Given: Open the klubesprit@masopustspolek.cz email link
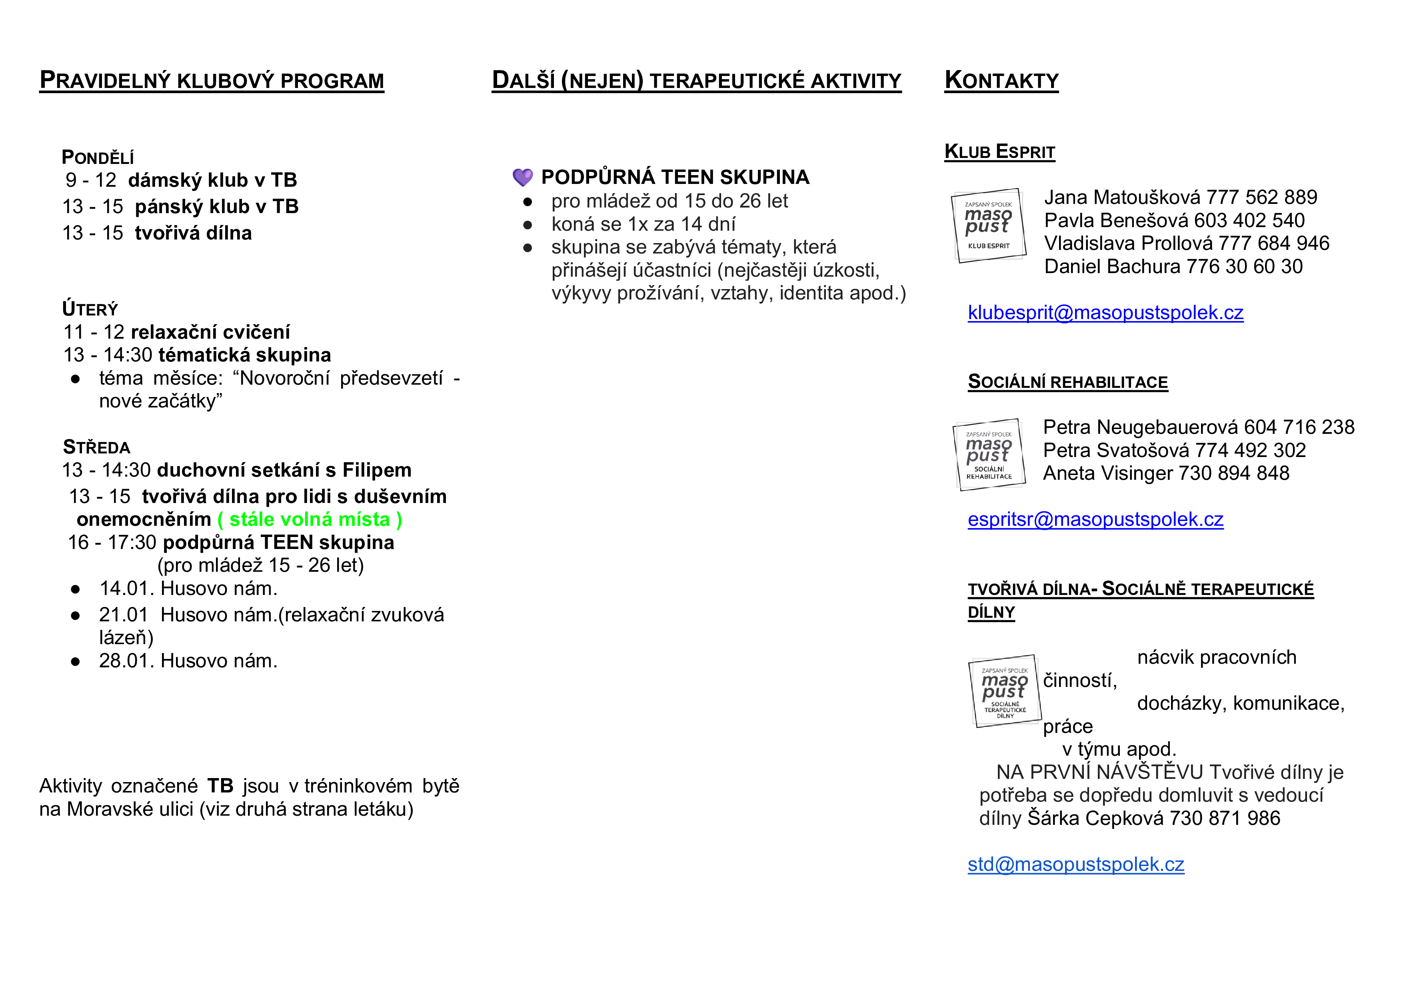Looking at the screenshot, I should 1105,313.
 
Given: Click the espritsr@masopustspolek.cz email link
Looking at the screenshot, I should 1095,519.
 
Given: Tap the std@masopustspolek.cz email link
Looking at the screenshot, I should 1075,864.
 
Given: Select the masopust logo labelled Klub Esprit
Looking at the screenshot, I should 988,226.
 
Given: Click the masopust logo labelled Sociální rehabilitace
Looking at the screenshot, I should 989,455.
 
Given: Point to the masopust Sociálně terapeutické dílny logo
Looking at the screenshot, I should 1005,691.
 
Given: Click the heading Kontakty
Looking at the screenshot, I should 1001,81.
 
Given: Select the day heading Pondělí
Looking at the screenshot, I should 98,158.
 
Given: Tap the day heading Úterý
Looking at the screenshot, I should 90,309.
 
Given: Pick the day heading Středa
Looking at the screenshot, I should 96,447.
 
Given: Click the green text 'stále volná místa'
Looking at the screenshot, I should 310,519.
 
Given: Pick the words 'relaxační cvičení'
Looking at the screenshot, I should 210,332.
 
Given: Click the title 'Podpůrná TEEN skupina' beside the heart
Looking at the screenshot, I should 675,177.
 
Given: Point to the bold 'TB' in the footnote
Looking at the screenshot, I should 220,786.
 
